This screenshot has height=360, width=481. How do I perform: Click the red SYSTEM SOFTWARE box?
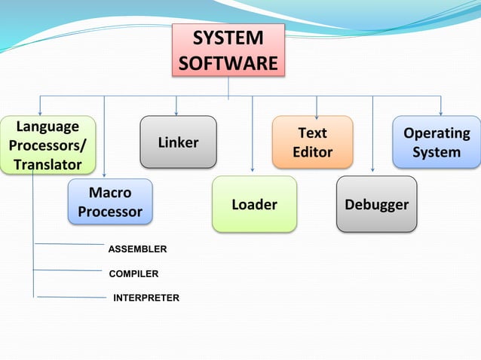pos(228,50)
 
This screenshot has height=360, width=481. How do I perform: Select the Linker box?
pos(178,142)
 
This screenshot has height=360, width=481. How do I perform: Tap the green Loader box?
pos(254,204)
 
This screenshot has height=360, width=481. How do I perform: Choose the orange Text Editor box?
pos(312,142)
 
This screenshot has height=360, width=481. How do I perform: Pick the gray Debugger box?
pos(376,204)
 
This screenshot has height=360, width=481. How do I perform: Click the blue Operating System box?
pos(437,142)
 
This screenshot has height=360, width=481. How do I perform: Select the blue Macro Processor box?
pos(110,202)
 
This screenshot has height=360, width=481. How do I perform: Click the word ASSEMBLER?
pos(137,249)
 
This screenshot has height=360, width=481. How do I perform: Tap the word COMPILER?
pos(133,273)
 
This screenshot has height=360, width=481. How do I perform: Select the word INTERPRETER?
pos(146,298)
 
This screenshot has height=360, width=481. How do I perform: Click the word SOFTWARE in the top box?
pos(228,63)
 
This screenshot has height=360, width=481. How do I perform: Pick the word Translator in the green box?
pos(47,163)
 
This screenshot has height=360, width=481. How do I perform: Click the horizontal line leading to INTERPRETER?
pos(72,297)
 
